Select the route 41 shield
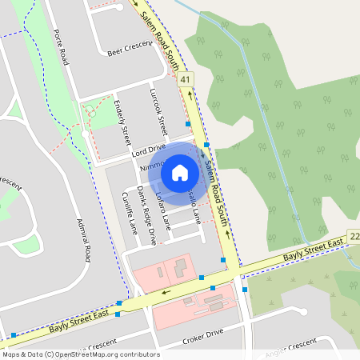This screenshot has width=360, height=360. [x=186, y=79]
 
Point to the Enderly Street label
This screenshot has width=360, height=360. [x=125, y=120]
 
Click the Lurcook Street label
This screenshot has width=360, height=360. [x=158, y=112]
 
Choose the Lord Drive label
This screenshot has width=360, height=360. [x=149, y=149]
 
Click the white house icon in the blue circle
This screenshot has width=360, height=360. [x=180, y=172]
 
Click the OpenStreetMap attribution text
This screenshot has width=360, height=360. [x=80, y=354]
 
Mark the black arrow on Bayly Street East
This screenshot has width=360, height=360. [x=166, y=291]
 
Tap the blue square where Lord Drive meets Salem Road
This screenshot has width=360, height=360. [x=206, y=145]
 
